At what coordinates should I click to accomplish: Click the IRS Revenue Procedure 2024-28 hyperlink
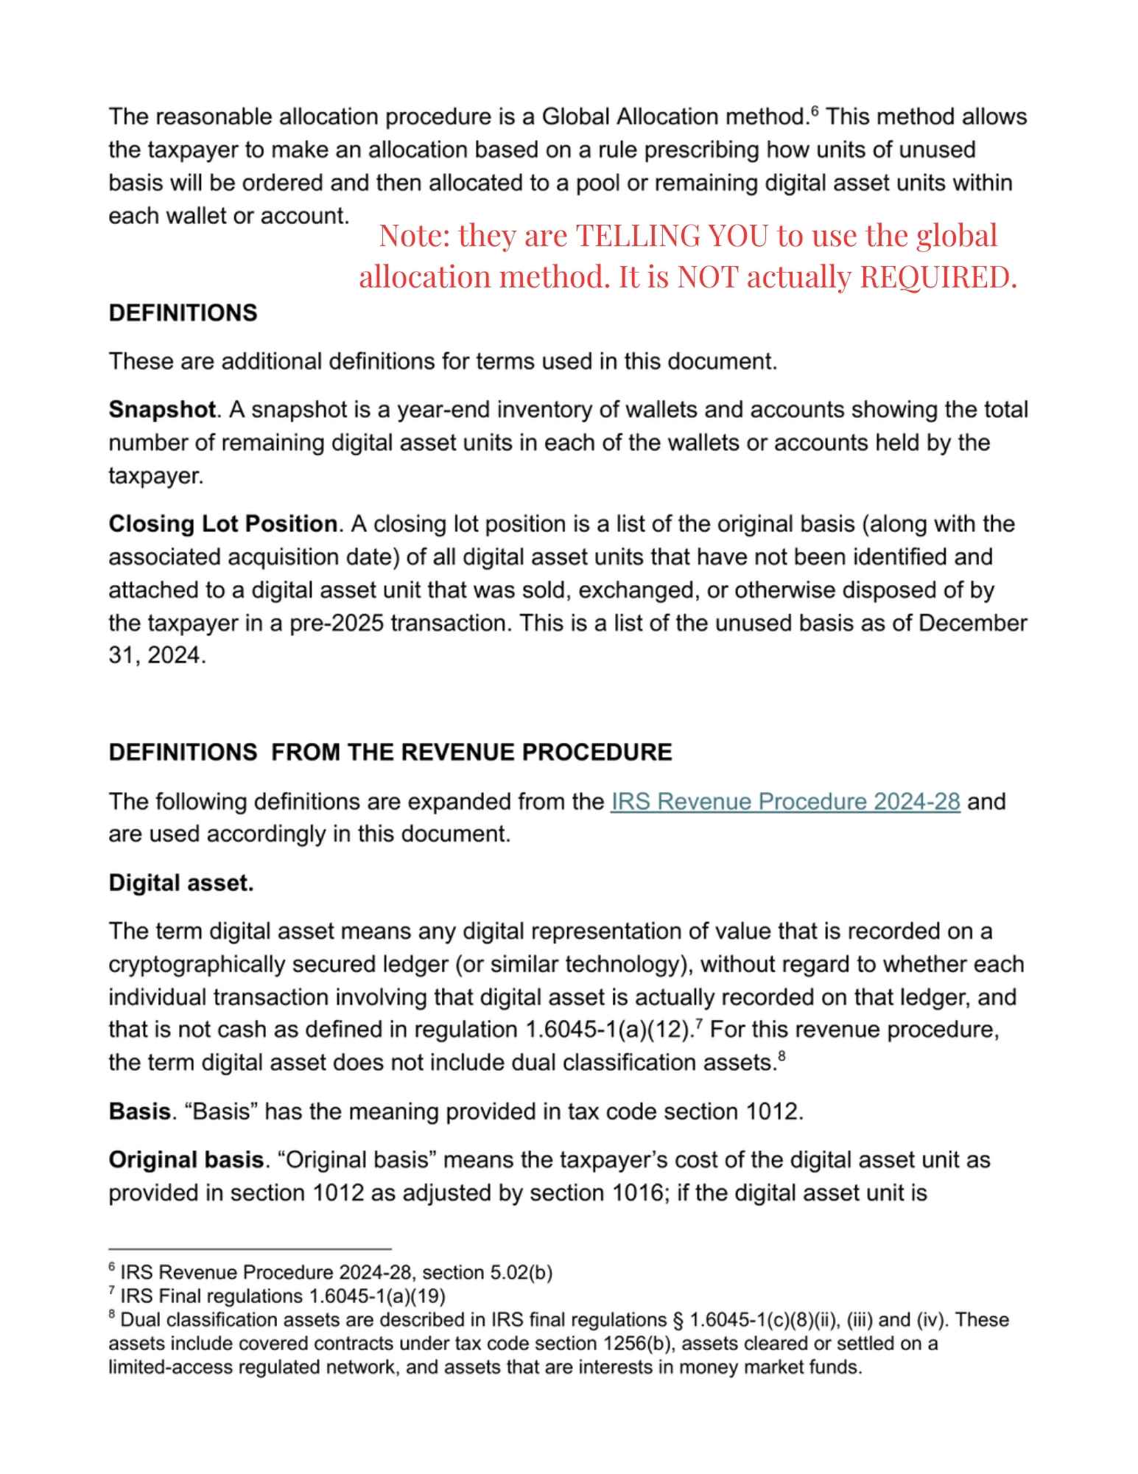click(785, 801)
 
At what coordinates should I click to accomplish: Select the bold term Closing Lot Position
click(222, 524)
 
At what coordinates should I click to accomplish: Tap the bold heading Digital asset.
click(181, 883)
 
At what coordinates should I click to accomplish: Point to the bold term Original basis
click(186, 1160)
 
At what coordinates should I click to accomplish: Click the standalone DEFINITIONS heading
click(183, 313)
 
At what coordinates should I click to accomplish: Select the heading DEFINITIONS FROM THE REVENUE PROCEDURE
click(390, 752)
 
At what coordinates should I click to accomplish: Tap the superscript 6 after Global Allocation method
click(815, 111)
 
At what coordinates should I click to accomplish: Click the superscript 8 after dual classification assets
click(782, 1057)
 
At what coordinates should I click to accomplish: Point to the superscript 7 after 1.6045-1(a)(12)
click(697, 1024)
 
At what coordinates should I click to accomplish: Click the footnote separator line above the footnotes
click(250, 1249)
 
